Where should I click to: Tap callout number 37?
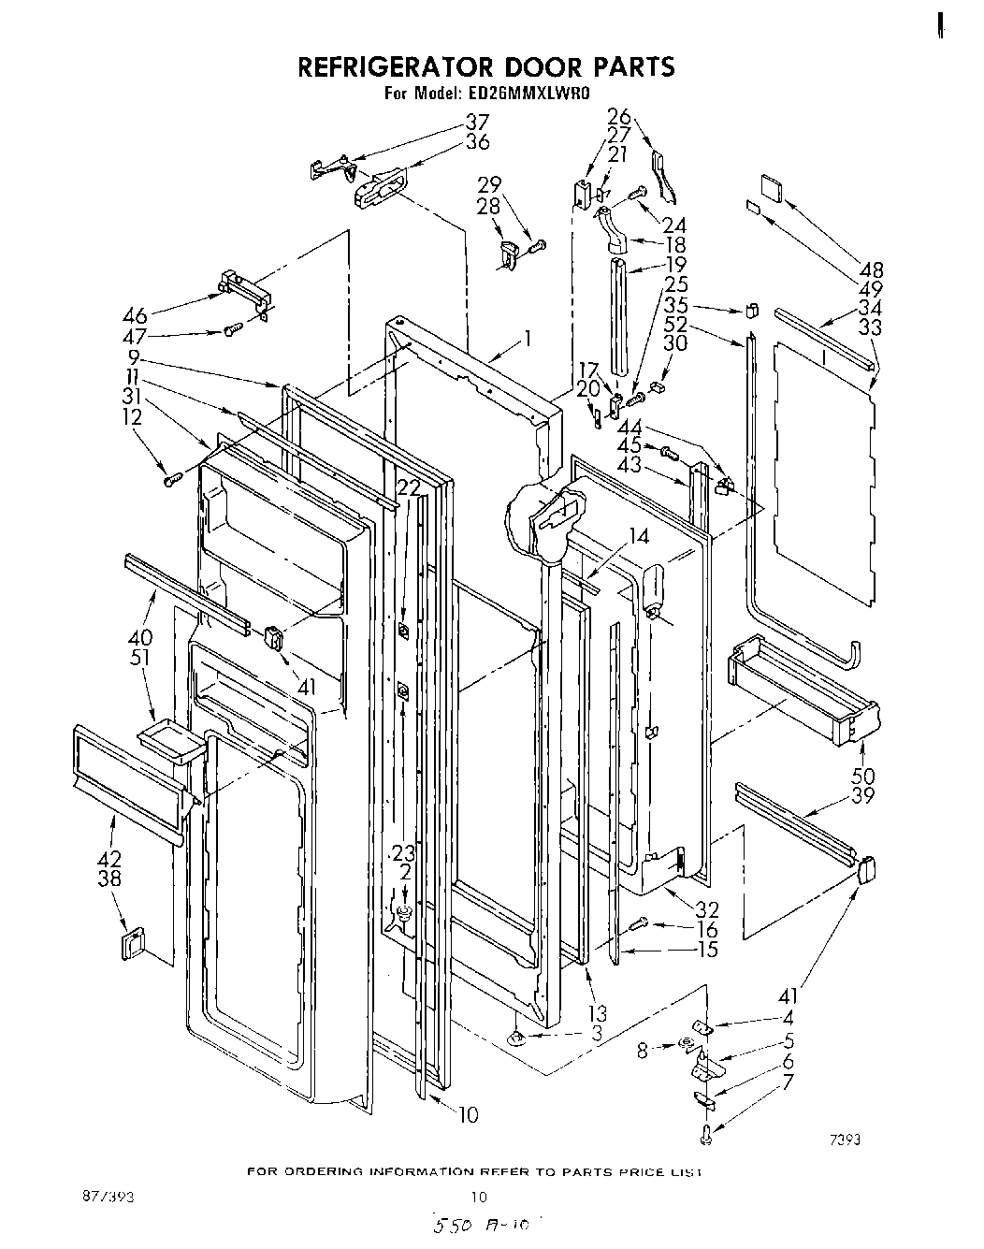[478, 122]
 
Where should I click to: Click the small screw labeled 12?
[171, 480]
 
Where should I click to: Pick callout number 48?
[871, 269]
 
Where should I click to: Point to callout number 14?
[638, 536]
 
